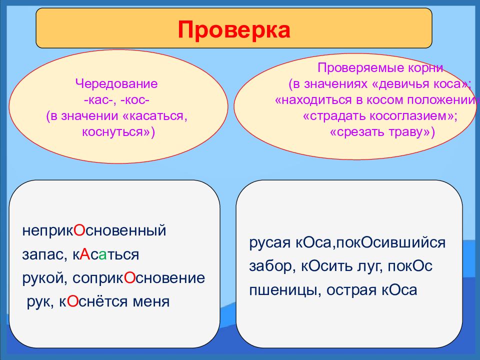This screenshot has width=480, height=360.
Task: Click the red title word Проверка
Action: (234, 29)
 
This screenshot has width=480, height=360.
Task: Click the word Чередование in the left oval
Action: (116, 83)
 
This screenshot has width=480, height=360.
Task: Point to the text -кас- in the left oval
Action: (99, 100)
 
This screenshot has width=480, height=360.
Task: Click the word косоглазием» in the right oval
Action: (413, 115)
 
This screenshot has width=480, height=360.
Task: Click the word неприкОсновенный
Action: (94, 230)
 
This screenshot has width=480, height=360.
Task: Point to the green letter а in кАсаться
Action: (102, 255)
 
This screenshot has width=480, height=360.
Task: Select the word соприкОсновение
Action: (138, 278)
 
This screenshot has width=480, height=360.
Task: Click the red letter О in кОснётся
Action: (72, 301)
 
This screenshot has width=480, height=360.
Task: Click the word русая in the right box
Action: (269, 243)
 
